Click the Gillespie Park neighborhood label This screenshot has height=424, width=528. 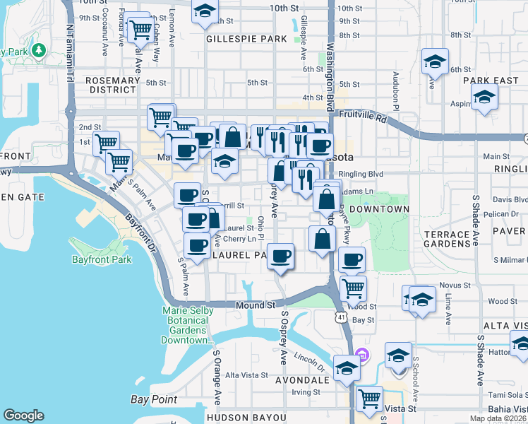pyautogui.click(x=244, y=40)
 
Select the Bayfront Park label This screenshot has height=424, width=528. pyautogui.click(x=102, y=259)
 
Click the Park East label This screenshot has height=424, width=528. pyautogui.click(x=491, y=81)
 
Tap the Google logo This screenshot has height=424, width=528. pyautogui.click(x=23, y=415)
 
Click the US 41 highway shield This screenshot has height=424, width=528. pyautogui.click(x=341, y=320)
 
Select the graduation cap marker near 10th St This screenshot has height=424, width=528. pyautogui.click(x=205, y=11)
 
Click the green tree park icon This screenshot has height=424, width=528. pyautogui.click(x=37, y=50)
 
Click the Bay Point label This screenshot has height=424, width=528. pyautogui.click(x=154, y=399)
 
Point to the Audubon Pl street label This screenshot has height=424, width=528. pyautogui.click(x=397, y=86)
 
